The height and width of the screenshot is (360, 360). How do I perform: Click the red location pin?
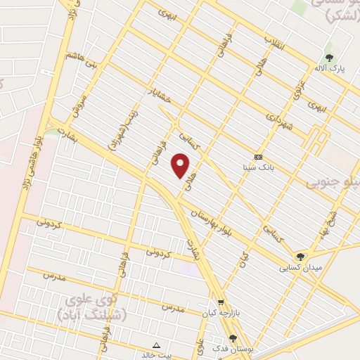point(181,166)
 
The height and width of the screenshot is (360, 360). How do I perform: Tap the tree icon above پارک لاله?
point(328,58)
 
